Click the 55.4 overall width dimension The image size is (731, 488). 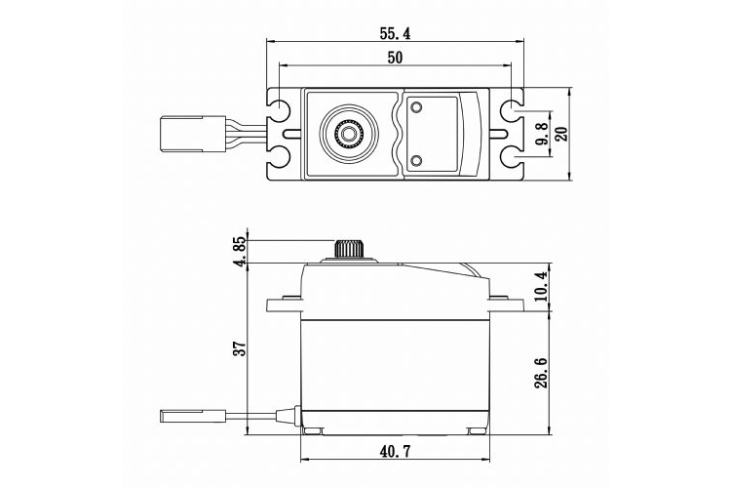point(394,32)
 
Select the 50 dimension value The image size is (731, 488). point(394,58)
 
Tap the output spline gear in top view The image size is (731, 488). point(348,132)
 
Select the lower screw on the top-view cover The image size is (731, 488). point(417,160)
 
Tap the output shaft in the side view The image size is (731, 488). point(347,249)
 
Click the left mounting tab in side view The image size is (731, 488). point(286,302)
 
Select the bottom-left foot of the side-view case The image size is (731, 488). point(314,430)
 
